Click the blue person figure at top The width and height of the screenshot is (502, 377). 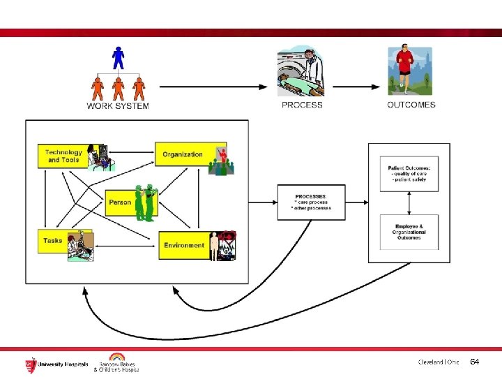click(118, 57)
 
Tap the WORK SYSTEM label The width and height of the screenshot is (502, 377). click(118, 106)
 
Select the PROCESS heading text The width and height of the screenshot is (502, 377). click(302, 105)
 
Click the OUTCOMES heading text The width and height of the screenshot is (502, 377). click(411, 105)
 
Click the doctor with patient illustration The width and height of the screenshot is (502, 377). click(302, 70)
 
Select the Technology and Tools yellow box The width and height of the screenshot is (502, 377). click(64, 156)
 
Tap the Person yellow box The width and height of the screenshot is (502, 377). click(121, 202)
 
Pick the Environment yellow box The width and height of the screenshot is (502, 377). click(185, 246)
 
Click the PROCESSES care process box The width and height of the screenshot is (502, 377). click(311, 202)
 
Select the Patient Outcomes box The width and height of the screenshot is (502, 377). click(409, 174)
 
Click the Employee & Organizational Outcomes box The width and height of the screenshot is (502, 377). click(409, 232)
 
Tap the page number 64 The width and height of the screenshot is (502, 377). click(475, 362)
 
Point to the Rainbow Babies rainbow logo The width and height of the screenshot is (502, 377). click(116, 357)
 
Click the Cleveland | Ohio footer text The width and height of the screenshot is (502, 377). click(439, 362)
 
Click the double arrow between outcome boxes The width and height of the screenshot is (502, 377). click(409, 203)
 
